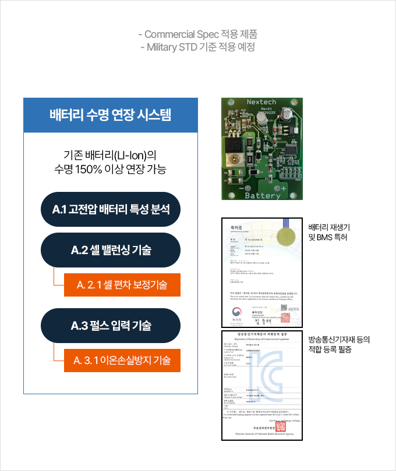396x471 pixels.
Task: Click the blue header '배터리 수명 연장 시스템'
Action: pyautogui.click(x=111, y=115)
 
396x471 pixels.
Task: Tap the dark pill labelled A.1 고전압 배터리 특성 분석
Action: pyautogui.click(x=111, y=209)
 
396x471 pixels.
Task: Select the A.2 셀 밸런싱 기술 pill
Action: pyautogui.click(x=111, y=250)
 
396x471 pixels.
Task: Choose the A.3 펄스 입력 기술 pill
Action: pyautogui.click(x=111, y=326)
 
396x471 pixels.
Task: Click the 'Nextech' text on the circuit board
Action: pyautogui.click(x=261, y=102)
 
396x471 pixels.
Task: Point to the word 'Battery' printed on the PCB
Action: pyautogui.click(x=263, y=195)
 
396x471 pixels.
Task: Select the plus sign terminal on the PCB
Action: pyautogui.click(x=284, y=188)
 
